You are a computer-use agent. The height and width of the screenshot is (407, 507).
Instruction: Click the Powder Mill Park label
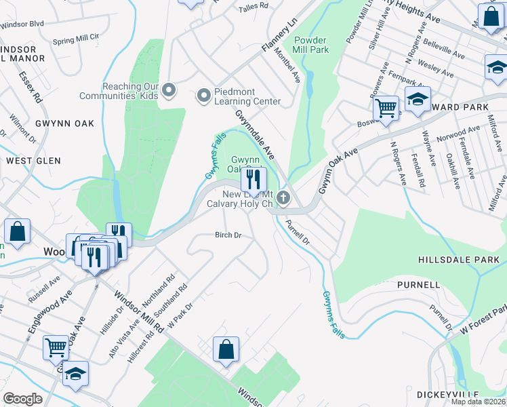pyautogui.click(x=311, y=45)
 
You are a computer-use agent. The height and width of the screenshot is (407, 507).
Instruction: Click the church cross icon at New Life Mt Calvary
pyautogui.click(x=283, y=198)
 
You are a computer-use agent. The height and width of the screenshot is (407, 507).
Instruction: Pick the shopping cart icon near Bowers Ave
pyautogui.click(x=386, y=108)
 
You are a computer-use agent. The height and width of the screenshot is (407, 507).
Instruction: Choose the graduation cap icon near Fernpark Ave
pyautogui.click(x=418, y=98)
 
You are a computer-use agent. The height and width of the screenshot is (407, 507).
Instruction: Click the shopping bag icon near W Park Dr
pyautogui.click(x=226, y=350)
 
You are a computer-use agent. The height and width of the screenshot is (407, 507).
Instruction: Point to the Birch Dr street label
pyautogui.click(x=228, y=235)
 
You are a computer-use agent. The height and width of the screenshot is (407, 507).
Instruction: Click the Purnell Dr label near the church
pyautogui.click(x=297, y=231)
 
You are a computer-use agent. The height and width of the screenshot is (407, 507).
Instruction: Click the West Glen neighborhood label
pyautogui.click(x=33, y=161)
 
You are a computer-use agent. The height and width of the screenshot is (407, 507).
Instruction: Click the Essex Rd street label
pyautogui.click(x=31, y=88)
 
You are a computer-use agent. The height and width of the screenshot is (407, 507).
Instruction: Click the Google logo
pyautogui.click(x=22, y=399)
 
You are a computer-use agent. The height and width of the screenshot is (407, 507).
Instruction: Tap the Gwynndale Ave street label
pyautogui.click(x=255, y=131)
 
